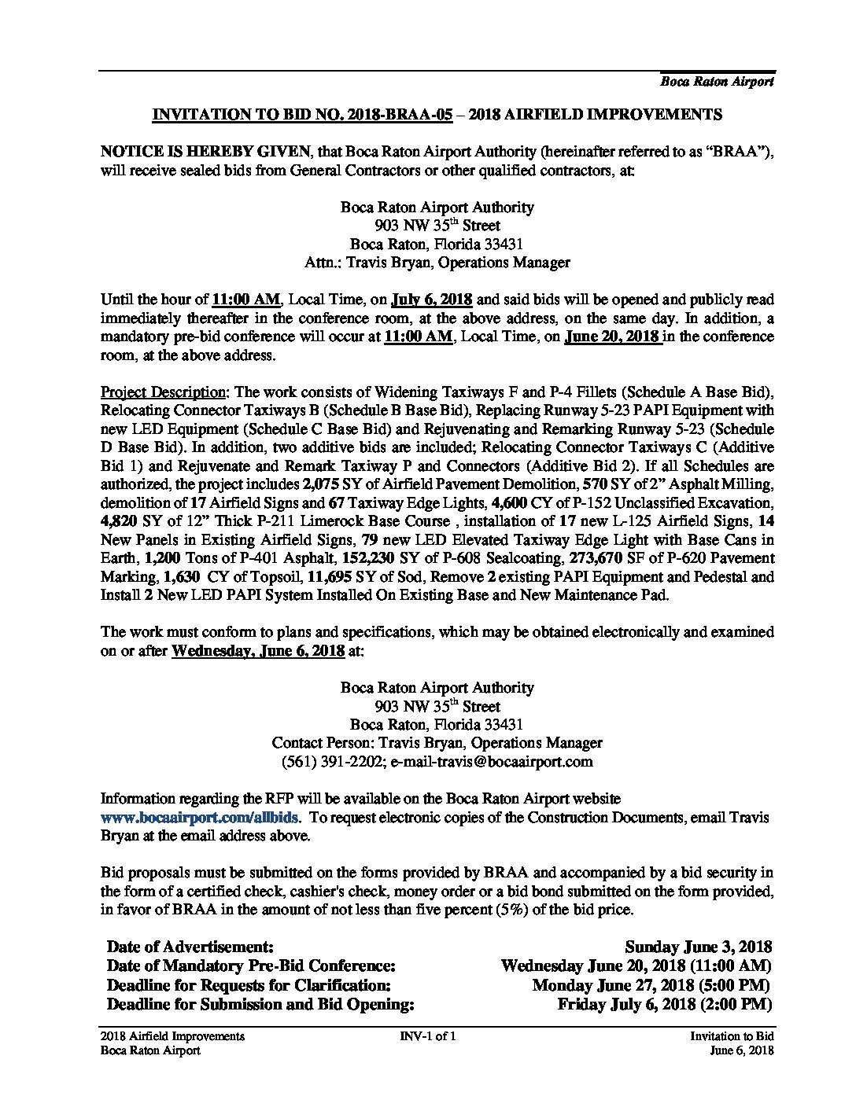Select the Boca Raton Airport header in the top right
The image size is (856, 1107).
[x=716, y=81]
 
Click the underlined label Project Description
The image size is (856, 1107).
[x=164, y=392]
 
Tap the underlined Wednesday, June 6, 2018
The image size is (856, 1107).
[x=257, y=651]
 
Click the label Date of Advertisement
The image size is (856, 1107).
[x=190, y=947]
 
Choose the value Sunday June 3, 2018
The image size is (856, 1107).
[x=698, y=947]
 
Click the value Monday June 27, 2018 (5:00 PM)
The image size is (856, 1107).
[x=651, y=985]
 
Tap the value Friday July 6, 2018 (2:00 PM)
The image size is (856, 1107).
[x=664, y=1004]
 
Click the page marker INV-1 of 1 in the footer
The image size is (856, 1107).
[x=428, y=1036]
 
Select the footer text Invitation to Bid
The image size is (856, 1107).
[x=732, y=1036]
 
